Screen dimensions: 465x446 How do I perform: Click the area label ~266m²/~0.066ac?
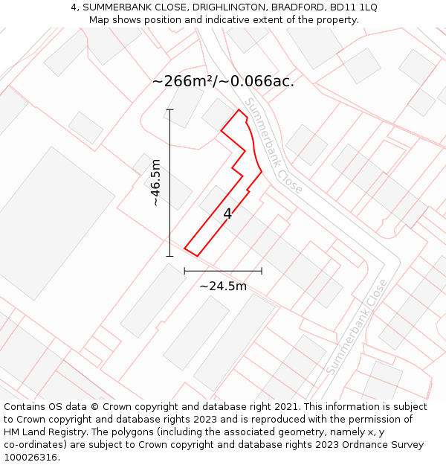pyautogui.click(x=223, y=81)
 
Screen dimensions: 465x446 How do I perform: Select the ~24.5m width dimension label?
pyautogui.click(x=223, y=286)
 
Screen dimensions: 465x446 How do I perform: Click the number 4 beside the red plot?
pyautogui.click(x=227, y=214)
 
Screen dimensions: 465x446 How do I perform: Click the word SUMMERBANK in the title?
pyautogui.click(x=115, y=7)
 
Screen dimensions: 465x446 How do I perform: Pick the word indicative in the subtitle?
pyautogui.click(x=227, y=19)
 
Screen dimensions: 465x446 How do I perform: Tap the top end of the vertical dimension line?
pyautogui.click(x=169, y=109)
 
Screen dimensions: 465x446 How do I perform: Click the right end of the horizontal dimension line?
pyautogui.click(x=262, y=271)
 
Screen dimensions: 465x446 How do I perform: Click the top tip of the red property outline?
pyautogui.click(x=239, y=110)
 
